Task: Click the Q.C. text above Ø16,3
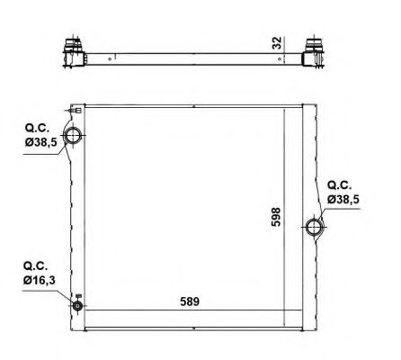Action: pos(35,265)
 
